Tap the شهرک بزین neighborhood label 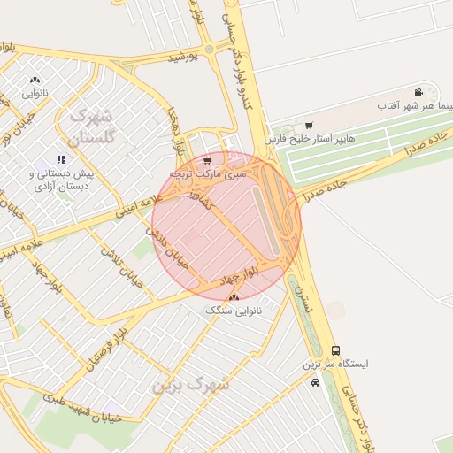click(x=190, y=384)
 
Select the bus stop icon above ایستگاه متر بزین click(x=334, y=350)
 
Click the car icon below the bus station click(x=316, y=382)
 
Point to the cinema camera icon click(x=418, y=93)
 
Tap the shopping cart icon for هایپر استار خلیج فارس click(x=308, y=126)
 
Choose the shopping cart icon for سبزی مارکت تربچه click(x=207, y=161)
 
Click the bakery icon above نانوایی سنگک click(x=234, y=298)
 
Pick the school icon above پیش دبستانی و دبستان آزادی click(x=61, y=159)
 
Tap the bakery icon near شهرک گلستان click(x=35, y=81)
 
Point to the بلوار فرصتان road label click(x=102, y=343)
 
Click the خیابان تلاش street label click(x=111, y=255)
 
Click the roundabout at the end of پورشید click(x=209, y=48)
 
